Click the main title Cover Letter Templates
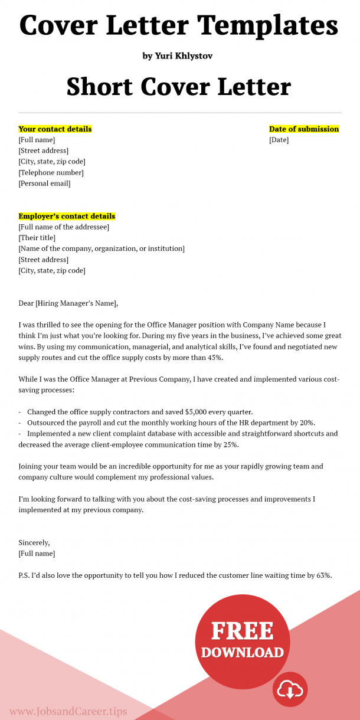click(x=179, y=25)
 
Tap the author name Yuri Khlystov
click(x=177, y=56)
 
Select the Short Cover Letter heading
click(x=179, y=87)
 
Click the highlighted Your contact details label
click(x=55, y=129)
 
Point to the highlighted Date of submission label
click(x=304, y=129)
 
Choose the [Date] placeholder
click(x=279, y=140)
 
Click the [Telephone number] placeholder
click(x=51, y=172)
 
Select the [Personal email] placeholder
click(x=44, y=184)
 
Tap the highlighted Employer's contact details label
click(x=67, y=216)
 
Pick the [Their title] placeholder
click(x=37, y=238)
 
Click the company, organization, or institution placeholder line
click(x=102, y=248)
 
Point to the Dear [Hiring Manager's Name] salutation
click(x=68, y=303)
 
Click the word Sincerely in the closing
click(x=34, y=542)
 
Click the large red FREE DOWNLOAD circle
click(x=242, y=640)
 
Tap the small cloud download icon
click(x=290, y=689)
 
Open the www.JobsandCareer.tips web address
click(x=68, y=711)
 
